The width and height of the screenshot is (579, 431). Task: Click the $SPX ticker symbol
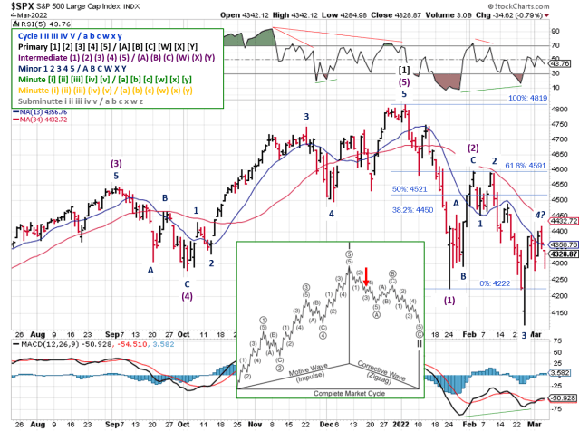coord(20,5)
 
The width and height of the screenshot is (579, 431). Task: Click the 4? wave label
coord(537,215)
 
